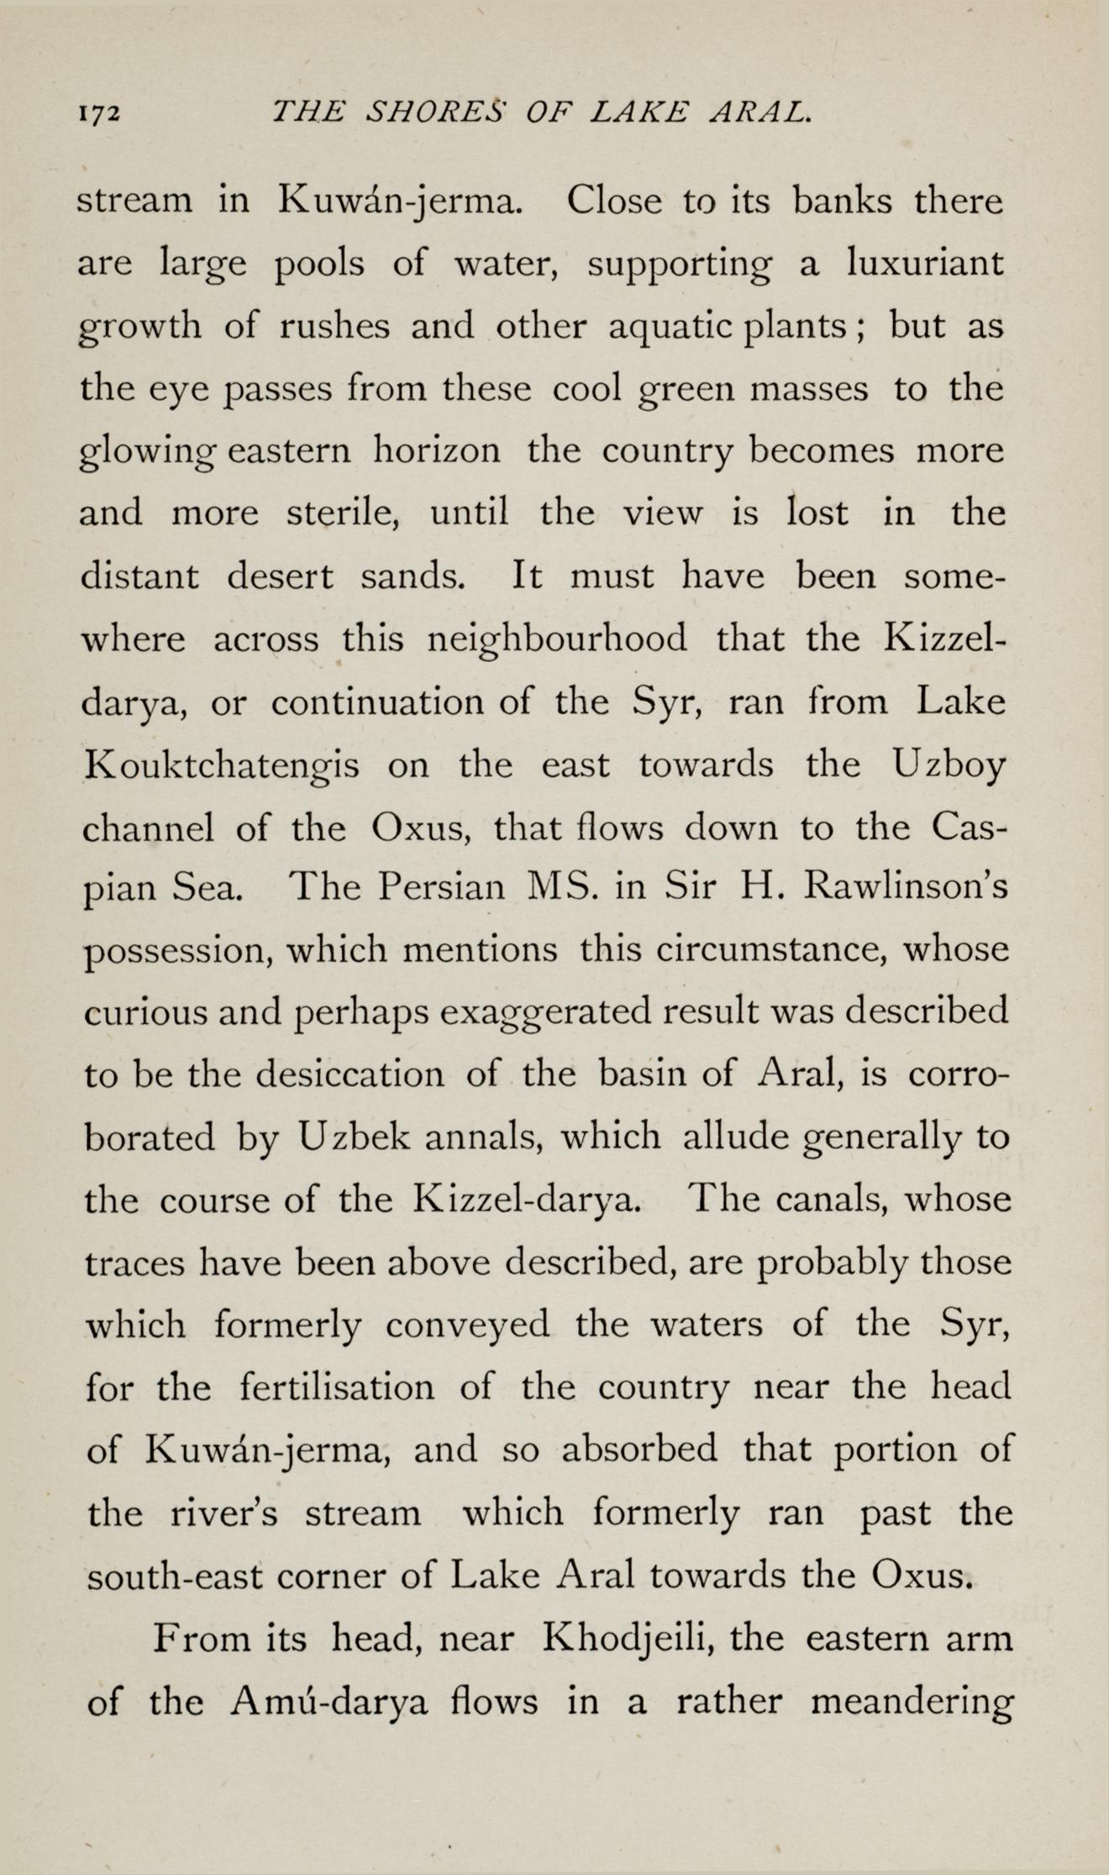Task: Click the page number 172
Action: tap(100, 114)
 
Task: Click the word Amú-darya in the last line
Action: tap(329, 1701)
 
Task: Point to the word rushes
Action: tap(334, 327)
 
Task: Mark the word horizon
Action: tap(437, 451)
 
